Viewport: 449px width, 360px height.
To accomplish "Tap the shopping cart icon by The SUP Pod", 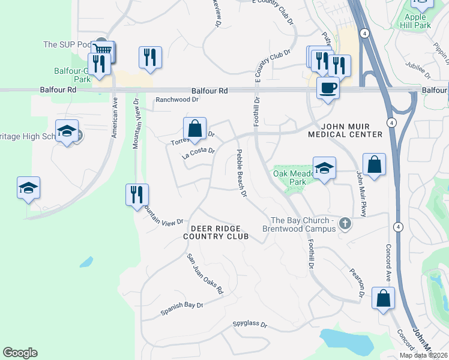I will pos(103,50).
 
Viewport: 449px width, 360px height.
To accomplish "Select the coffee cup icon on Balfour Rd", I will pos(328,88).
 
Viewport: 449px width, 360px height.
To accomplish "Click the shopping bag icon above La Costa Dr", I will pos(194,128).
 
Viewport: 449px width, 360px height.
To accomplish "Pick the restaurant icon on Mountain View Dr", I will pos(137,194).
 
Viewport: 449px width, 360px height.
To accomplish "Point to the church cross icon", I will pos(345,224).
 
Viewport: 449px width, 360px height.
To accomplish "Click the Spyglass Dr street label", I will pos(250,324).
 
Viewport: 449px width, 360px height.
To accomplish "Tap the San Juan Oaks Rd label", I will pos(205,274).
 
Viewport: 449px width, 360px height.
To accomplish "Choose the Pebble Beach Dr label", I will pos(241,173).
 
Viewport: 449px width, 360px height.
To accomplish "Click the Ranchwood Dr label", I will pos(176,100).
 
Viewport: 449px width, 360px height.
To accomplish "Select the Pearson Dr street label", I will pos(357,282).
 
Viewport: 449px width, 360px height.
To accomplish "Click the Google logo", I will pos(20,353).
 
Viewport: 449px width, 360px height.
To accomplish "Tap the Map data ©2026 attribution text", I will pos(423,355).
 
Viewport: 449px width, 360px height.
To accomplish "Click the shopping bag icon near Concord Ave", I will pos(383,298).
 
